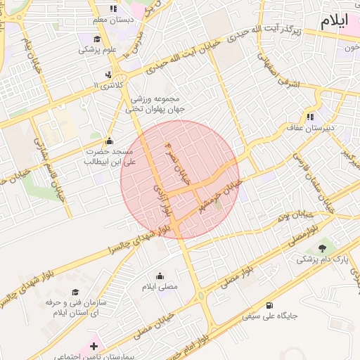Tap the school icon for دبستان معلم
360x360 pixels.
[x=113, y=8]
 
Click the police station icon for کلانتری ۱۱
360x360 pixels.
[x=108, y=74]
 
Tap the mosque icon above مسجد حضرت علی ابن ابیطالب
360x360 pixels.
[x=108, y=141]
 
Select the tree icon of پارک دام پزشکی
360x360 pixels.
[x=322, y=247]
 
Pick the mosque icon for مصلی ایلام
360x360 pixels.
[x=160, y=276]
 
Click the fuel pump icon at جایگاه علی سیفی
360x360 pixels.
[x=270, y=304]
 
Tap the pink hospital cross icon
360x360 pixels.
[x=94, y=345]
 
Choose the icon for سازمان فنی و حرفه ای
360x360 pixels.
[x=75, y=291]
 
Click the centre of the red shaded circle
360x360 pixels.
[x=180, y=179]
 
